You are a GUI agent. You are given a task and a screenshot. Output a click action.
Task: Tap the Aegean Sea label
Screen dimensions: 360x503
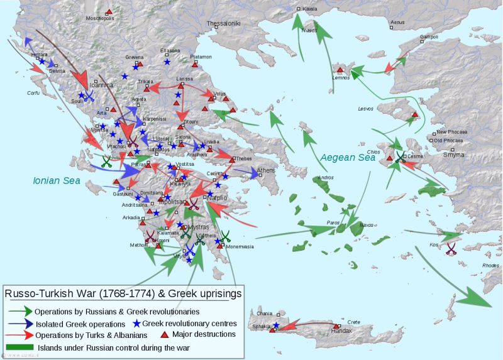tap(349, 158)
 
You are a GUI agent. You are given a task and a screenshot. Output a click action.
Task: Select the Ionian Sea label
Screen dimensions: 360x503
tap(57, 180)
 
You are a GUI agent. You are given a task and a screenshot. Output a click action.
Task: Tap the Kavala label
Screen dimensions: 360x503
tap(310, 9)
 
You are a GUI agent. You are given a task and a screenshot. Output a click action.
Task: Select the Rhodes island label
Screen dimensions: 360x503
tap(490, 265)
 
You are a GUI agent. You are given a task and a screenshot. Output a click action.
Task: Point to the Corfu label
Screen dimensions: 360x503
tap(33, 93)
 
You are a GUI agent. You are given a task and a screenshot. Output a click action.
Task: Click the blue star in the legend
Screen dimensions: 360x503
tap(136, 323)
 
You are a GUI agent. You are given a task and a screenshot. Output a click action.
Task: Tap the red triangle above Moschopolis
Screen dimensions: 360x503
tap(109, 11)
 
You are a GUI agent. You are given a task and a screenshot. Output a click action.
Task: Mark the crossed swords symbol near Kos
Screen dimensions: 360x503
tap(451, 248)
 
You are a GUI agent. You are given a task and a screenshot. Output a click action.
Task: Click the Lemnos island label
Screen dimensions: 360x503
tap(341, 77)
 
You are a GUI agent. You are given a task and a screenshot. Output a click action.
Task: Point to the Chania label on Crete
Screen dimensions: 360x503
tap(265, 313)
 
